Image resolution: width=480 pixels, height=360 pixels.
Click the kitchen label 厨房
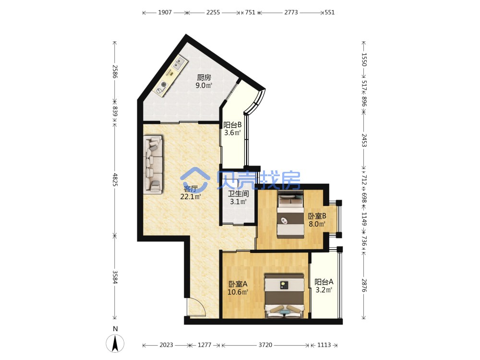pyautogui.click(x=204, y=77)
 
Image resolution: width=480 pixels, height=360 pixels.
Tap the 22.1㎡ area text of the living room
pyautogui.click(x=191, y=197)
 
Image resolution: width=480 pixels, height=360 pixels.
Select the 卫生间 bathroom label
pyautogui.click(x=239, y=193)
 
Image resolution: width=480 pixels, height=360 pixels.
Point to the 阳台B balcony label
pyautogui.click(x=232, y=125)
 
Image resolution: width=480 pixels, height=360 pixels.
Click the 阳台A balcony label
pyautogui.click(x=324, y=282)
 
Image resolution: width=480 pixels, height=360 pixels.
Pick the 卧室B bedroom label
pyautogui.click(x=317, y=216)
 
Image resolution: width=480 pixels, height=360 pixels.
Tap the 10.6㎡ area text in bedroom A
pyautogui.click(x=238, y=292)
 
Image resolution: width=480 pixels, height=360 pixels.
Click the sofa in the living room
pyautogui.click(x=154, y=164)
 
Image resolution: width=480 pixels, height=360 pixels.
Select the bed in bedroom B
pyautogui.click(x=290, y=214)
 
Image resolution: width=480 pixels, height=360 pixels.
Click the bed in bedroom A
pyautogui.click(x=285, y=296)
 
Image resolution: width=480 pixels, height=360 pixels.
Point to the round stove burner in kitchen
pyautogui.click(x=164, y=84)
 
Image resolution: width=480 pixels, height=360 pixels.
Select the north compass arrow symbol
pyautogui.click(x=115, y=344)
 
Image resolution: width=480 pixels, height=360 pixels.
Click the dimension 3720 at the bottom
pyautogui.click(x=265, y=345)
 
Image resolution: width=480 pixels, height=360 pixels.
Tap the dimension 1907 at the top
pyautogui.click(x=165, y=12)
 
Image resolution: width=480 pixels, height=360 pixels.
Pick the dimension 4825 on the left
pyautogui.click(x=115, y=180)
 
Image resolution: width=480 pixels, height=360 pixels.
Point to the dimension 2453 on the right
pyautogui.click(x=364, y=140)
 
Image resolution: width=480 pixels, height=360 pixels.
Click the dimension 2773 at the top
pyautogui.click(x=291, y=12)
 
